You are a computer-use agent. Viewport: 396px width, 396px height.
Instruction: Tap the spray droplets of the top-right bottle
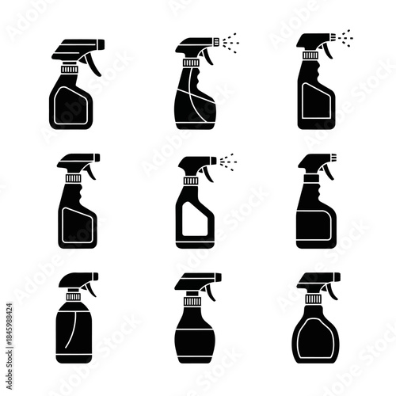tap(346, 37)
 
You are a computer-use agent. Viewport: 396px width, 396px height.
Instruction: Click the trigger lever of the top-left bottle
tap(94, 63)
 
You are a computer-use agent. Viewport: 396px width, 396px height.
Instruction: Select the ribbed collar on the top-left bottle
tap(70, 70)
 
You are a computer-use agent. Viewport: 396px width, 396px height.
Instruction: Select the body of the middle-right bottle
tap(316, 222)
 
